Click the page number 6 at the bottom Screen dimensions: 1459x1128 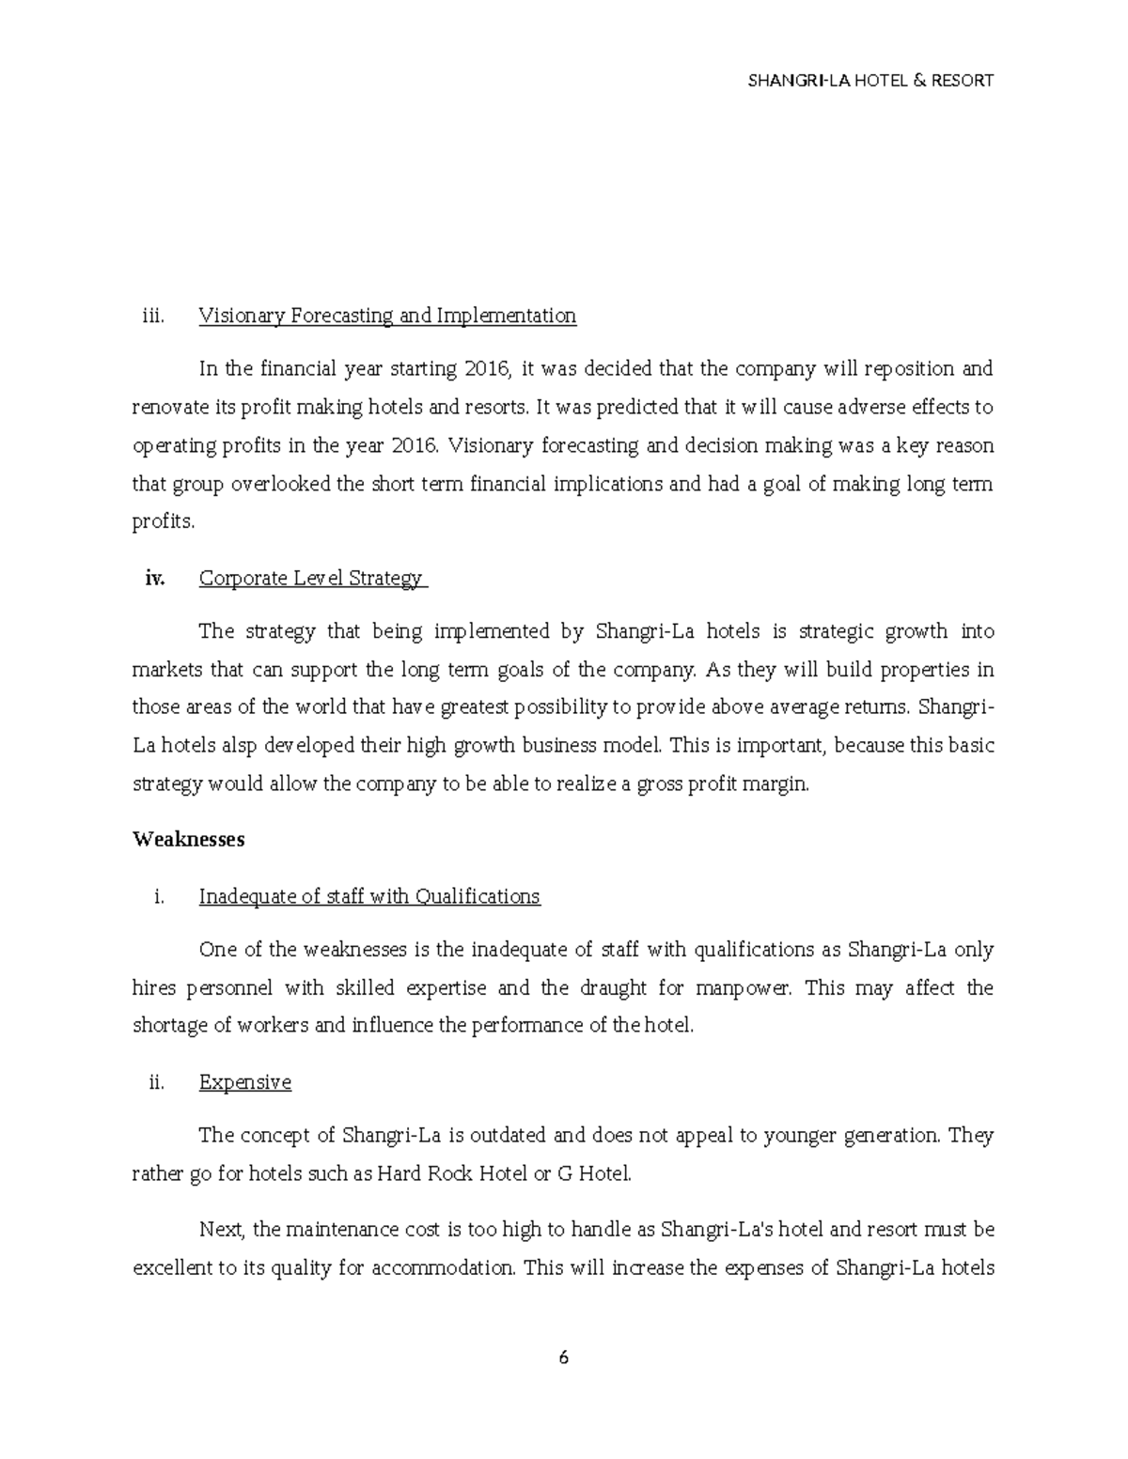(x=563, y=1358)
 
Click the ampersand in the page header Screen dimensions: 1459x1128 (x=923, y=81)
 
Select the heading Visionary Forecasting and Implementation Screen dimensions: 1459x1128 (x=387, y=316)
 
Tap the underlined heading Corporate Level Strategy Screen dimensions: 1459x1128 (x=311, y=579)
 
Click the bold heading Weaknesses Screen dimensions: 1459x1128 (x=189, y=839)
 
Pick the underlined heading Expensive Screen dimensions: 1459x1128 (x=244, y=1082)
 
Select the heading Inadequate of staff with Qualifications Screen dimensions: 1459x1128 (x=369, y=896)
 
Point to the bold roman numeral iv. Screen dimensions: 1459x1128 (x=154, y=579)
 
